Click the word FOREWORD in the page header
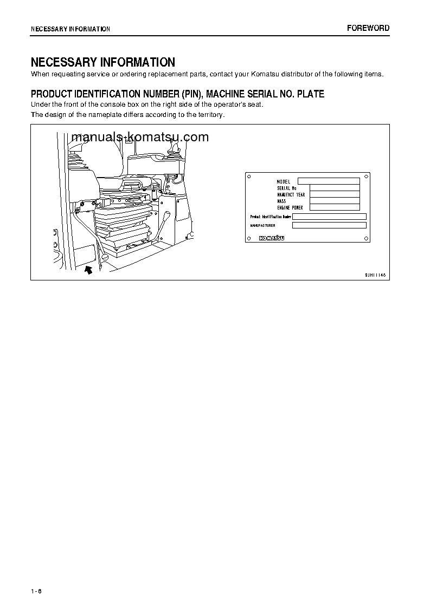tap(368, 28)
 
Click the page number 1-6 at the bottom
tap(36, 590)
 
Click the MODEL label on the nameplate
tap(284, 181)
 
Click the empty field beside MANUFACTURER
tap(329, 225)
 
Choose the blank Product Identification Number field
tap(329, 217)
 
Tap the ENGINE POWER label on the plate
tap(290, 207)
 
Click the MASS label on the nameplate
tap(281, 201)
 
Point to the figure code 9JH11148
tap(375, 275)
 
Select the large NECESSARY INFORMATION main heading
tap(103, 62)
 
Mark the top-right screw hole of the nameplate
tap(367, 176)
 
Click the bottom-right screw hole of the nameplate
tap(367, 238)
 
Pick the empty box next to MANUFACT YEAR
tap(335, 194)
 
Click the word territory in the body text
tap(209, 115)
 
